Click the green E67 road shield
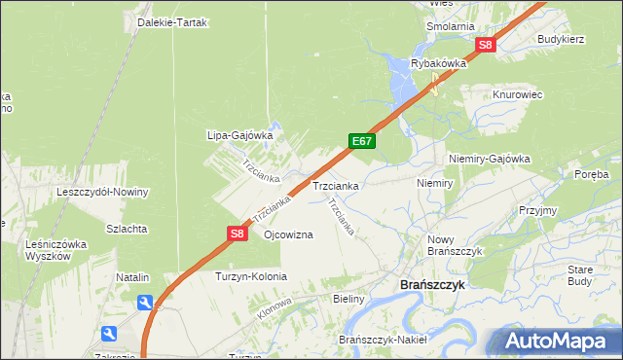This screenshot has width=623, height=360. coord(362,141)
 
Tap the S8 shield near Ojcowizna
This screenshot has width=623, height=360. coord(238,234)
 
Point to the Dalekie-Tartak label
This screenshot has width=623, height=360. coord(173,22)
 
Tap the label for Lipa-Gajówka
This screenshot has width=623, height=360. coord(238,135)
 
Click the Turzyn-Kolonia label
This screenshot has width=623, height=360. coord(251,276)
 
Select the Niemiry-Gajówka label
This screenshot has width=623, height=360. coord(489,158)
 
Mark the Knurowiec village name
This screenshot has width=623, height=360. coord(517,94)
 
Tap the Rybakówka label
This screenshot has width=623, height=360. coord(439,64)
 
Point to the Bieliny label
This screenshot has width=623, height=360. coord(348,299)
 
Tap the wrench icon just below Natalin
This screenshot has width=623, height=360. coord(145,303)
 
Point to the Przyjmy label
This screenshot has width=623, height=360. coord(537,210)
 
